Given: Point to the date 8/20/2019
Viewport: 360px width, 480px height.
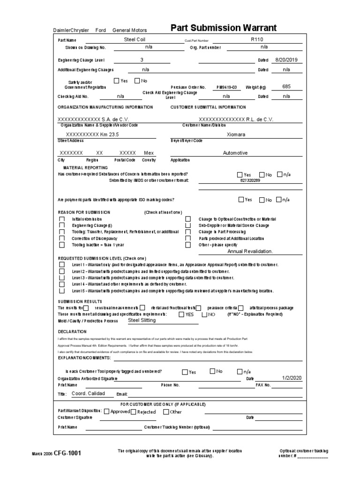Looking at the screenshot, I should (286, 60).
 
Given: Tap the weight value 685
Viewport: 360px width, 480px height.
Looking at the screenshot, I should (286, 86).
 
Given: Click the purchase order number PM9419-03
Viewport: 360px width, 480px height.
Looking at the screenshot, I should (226, 87).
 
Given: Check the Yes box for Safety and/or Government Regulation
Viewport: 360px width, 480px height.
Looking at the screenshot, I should (117, 81).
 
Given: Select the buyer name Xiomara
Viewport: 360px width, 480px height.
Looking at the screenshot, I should (235, 134).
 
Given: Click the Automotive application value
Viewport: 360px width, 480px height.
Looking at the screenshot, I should (235, 153).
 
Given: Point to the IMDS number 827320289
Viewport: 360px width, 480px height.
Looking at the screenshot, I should (249, 180).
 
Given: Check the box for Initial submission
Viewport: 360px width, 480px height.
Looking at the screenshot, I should (62, 219).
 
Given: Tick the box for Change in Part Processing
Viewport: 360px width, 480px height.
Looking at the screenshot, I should (188, 232).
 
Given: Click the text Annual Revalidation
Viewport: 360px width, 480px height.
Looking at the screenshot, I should (250, 251).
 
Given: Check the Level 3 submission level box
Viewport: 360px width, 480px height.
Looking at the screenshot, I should (62, 277).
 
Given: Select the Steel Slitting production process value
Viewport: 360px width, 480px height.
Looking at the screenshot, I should (142, 320).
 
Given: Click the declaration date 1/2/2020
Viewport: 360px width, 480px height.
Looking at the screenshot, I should (292, 377).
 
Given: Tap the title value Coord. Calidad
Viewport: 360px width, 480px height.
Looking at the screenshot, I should (88, 393).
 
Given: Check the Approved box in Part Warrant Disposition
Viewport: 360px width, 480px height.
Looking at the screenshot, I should (106, 412).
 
